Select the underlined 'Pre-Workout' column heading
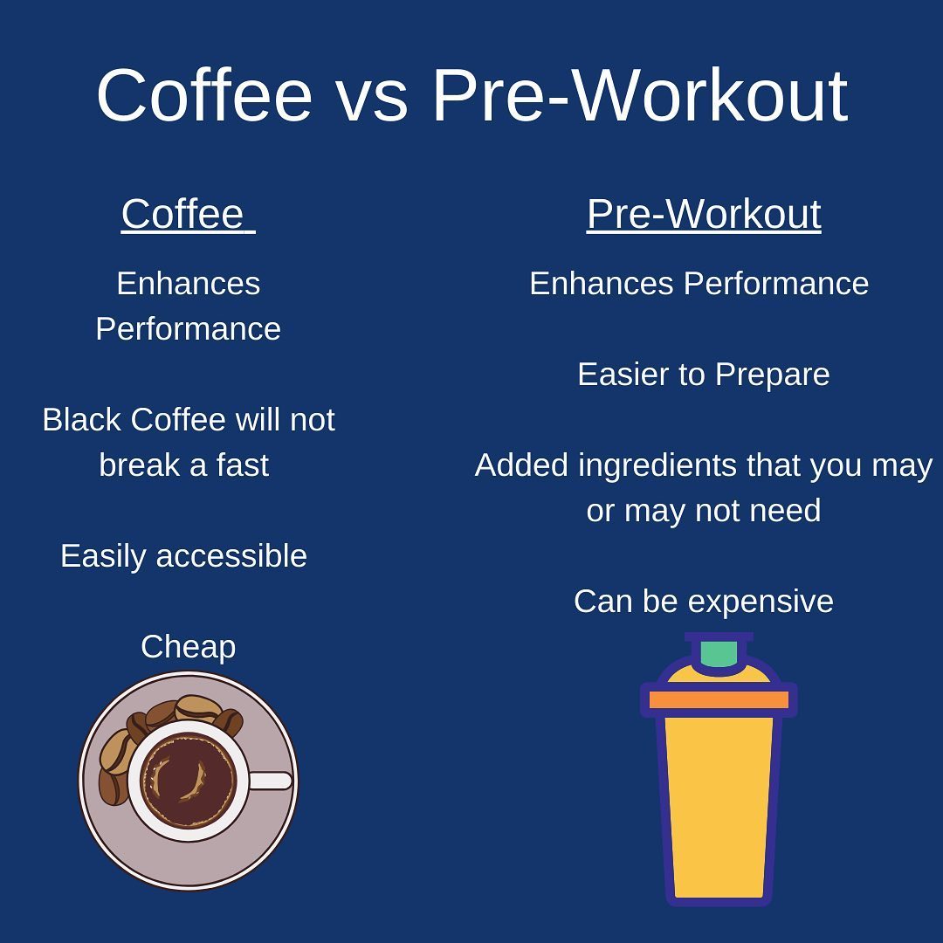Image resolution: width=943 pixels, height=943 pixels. tap(704, 214)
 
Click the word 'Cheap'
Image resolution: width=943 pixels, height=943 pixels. tap(189, 648)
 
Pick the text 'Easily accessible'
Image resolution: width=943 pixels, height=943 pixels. tap(183, 556)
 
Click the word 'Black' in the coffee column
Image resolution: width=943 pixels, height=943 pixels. tap(82, 419)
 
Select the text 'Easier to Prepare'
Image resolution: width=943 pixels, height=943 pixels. tap(704, 375)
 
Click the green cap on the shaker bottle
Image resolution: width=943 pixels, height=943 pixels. tap(719, 654)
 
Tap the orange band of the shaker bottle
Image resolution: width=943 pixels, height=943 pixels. tap(719, 699)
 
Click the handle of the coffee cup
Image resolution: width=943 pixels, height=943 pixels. tap(270, 781)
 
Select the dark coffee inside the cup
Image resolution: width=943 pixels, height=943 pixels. tap(189, 781)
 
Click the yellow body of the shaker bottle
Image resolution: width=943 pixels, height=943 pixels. tap(719, 806)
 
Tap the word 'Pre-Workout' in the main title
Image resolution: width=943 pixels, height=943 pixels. tap(640, 96)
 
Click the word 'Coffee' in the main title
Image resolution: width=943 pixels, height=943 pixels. tap(204, 96)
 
